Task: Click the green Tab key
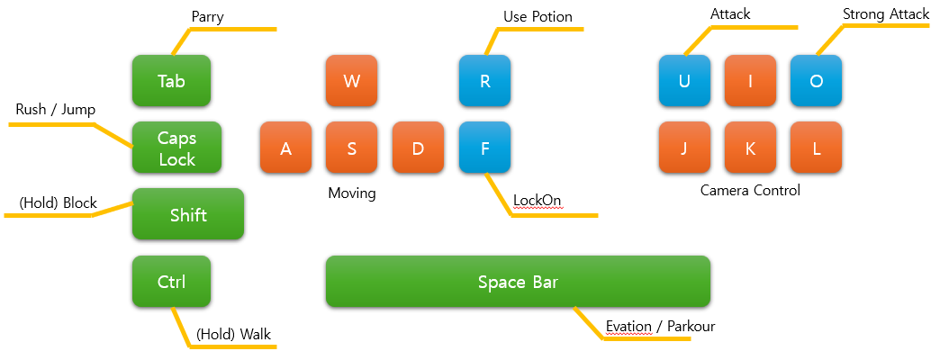pyautogui.click(x=171, y=81)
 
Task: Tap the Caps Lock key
pyautogui.click(x=176, y=148)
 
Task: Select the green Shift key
pyautogui.click(x=188, y=214)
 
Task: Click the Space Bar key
pyautogui.click(x=518, y=282)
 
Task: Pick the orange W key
pyautogui.click(x=352, y=81)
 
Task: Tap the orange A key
pyautogui.click(x=285, y=148)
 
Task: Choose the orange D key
pyautogui.click(x=418, y=148)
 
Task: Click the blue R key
pyautogui.click(x=484, y=81)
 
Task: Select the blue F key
pyautogui.click(x=484, y=148)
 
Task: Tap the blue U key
pyautogui.click(x=684, y=81)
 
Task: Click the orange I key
pyautogui.click(x=750, y=81)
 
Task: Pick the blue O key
pyautogui.click(x=816, y=81)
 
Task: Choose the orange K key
pyautogui.click(x=750, y=148)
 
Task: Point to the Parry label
pyautogui.click(x=207, y=17)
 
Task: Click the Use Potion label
pyautogui.click(x=538, y=17)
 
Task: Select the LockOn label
pyautogui.click(x=538, y=200)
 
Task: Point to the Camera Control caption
pyautogui.click(x=750, y=191)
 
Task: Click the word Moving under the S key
pyautogui.click(x=351, y=193)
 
